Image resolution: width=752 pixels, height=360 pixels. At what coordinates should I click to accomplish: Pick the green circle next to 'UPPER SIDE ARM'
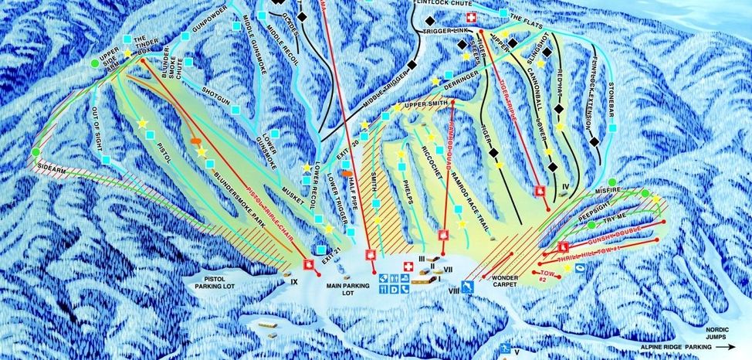point(94,63)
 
